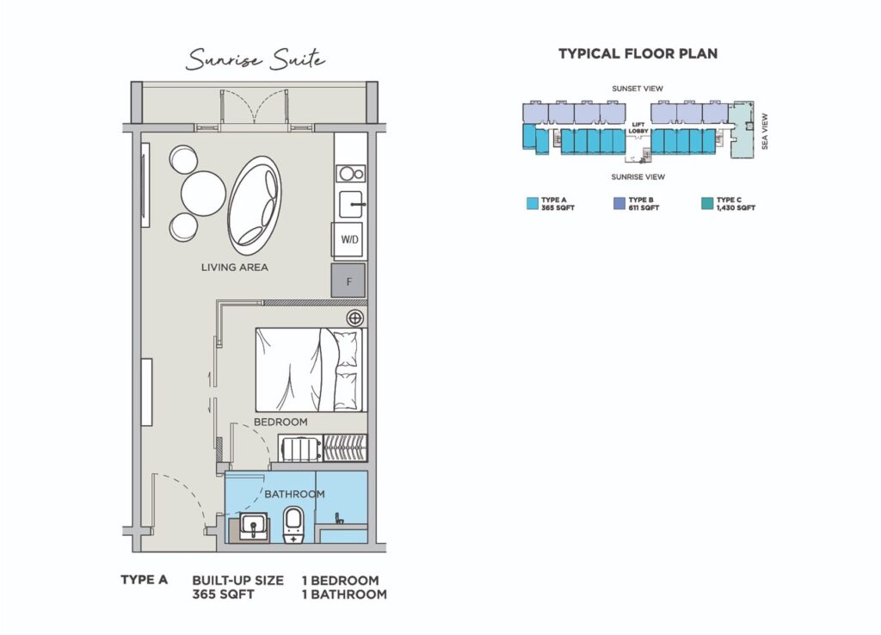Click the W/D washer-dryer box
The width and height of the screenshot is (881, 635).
[349, 239]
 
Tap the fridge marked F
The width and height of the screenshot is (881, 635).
[348, 281]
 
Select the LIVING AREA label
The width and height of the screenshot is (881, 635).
[234, 268]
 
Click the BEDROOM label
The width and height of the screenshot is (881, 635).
[280, 422]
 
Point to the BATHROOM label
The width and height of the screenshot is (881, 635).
[294, 494]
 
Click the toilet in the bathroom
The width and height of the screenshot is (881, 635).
[293, 525]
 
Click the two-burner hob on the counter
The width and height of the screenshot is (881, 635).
[351, 174]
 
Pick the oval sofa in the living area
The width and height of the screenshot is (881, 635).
[254, 205]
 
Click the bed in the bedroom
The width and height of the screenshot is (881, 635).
[309, 370]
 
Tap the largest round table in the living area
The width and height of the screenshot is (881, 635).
[203, 193]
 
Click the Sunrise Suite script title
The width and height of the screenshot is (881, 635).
[256, 59]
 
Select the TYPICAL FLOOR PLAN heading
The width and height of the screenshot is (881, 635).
[638, 54]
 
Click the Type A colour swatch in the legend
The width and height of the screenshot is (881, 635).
[532, 203]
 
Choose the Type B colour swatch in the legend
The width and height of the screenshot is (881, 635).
[619, 203]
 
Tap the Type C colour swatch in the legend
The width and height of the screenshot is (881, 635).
[707, 203]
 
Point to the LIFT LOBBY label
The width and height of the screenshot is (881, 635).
[638, 128]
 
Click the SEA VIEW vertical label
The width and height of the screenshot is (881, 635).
[764, 132]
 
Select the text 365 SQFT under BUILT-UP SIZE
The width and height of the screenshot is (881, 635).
[223, 595]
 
